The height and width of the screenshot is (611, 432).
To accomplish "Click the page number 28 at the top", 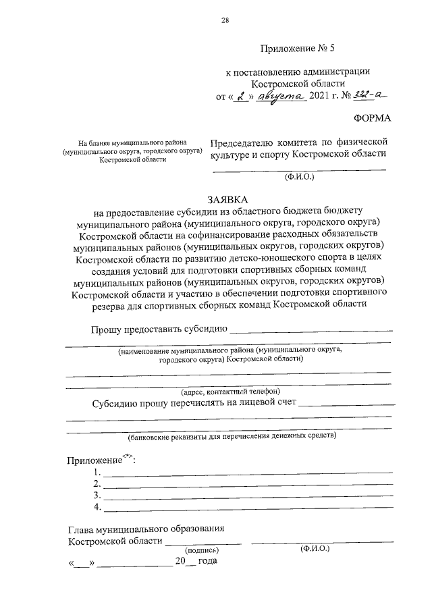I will point(225,20).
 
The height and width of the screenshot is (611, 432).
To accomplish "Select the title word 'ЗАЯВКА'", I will point(227,200).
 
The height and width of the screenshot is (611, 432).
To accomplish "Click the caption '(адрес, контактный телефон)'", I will point(230,392).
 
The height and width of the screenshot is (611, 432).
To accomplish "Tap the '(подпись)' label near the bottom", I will point(203,551).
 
